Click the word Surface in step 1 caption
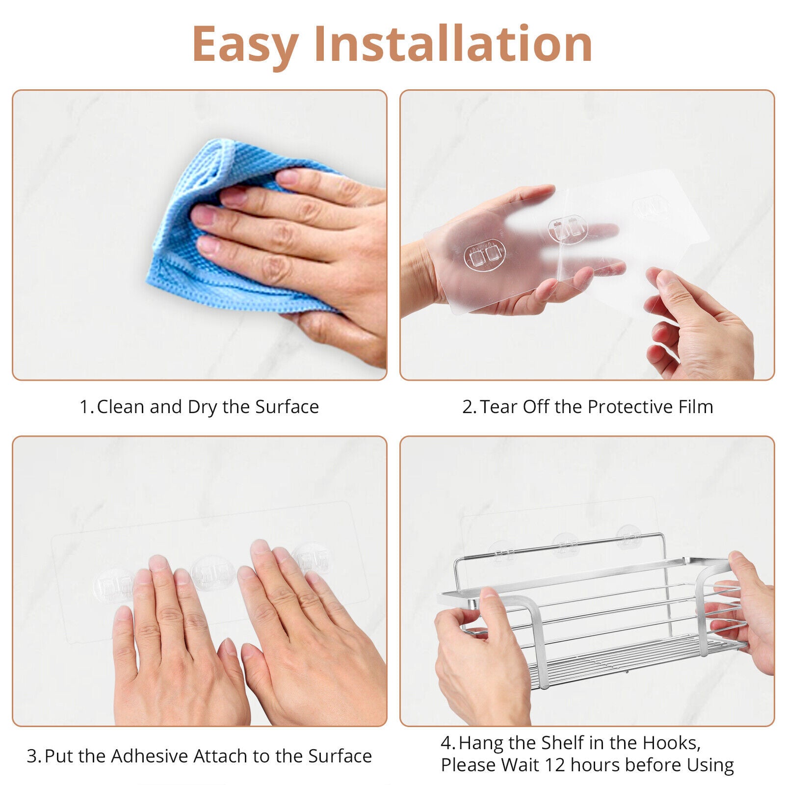coord(287,407)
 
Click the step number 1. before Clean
coord(87,407)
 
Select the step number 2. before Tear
coord(470,407)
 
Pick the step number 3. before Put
coord(34,757)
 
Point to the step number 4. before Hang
coord(448,743)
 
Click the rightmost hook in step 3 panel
coord(311,559)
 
